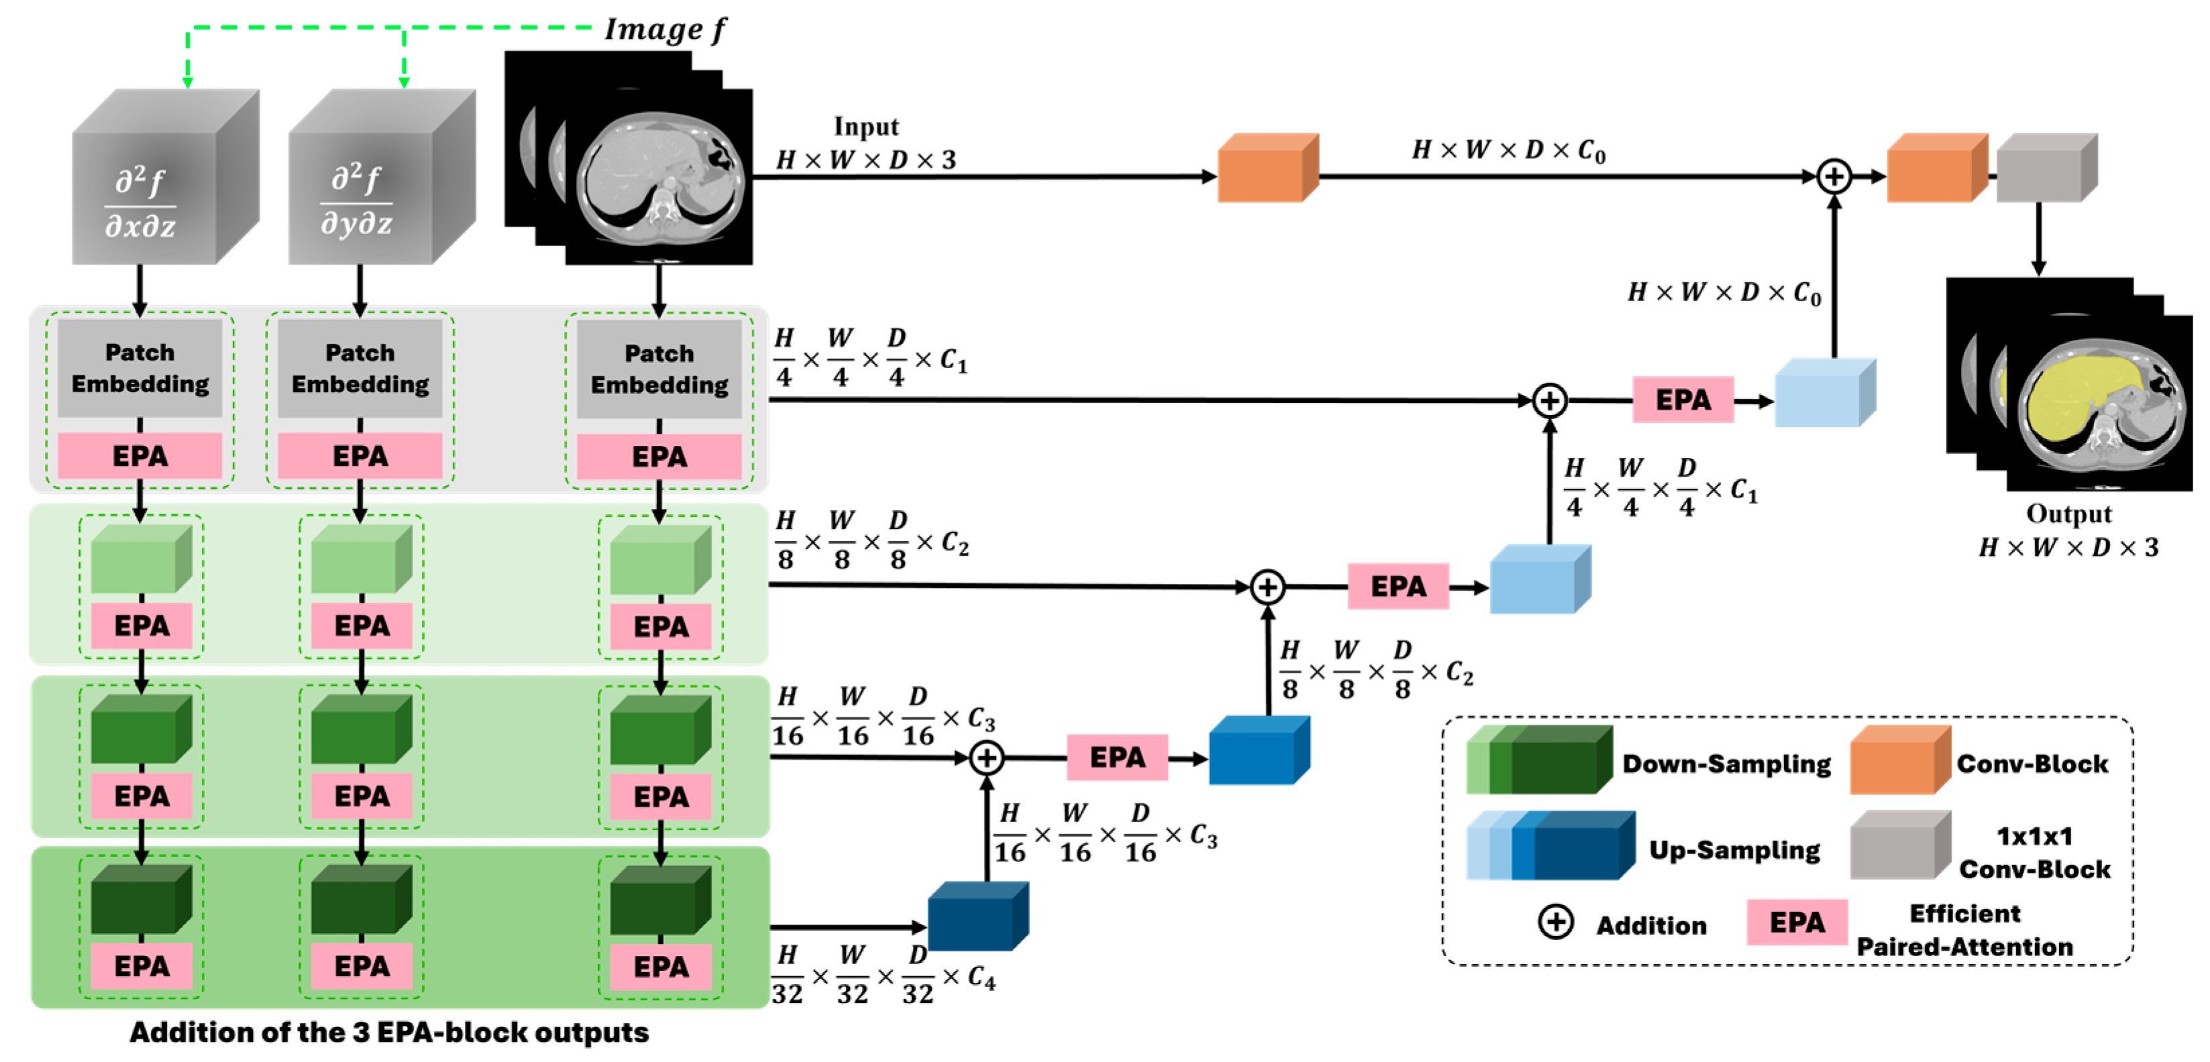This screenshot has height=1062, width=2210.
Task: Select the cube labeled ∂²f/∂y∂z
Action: [382, 177]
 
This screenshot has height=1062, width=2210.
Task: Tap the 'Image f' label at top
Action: [665, 30]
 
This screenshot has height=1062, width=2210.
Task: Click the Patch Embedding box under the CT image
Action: [659, 369]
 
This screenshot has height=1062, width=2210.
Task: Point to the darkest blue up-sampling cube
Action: [978, 916]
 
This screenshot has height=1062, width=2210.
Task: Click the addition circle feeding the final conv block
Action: [1833, 177]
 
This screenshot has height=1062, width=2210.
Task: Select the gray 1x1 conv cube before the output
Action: [2047, 168]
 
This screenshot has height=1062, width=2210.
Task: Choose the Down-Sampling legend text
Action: [1726, 764]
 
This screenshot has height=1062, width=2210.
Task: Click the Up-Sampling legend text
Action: [1734, 850]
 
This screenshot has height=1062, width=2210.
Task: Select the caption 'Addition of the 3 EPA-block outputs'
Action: [390, 1032]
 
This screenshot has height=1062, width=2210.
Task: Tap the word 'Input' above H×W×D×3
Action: [867, 127]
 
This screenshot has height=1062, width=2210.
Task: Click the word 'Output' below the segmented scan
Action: [2068, 514]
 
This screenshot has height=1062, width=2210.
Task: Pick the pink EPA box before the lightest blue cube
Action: [1682, 400]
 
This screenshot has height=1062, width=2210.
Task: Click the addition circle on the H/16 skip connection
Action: [987, 758]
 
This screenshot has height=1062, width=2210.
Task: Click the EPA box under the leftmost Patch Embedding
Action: [140, 455]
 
